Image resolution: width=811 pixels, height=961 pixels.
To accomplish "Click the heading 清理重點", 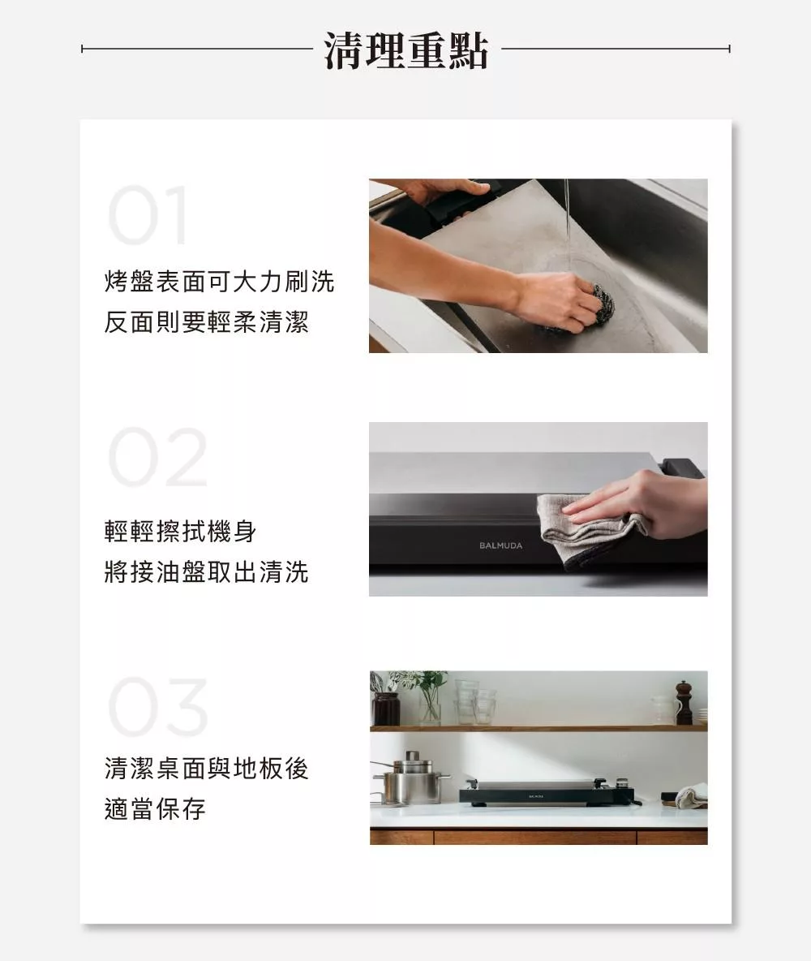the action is click(x=405, y=50).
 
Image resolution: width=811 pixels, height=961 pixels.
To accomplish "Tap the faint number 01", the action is click(x=148, y=215).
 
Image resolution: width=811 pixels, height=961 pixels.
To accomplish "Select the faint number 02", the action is click(x=157, y=457).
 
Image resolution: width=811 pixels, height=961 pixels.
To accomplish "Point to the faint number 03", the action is click(x=158, y=707).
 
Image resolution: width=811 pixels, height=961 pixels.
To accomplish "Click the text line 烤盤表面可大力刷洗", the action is click(x=219, y=282).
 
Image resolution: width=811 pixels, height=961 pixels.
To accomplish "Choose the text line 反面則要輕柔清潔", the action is click(x=207, y=321).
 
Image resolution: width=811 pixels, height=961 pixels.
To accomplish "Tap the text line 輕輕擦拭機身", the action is click(x=180, y=531).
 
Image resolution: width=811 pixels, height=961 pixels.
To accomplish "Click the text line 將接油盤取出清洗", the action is click(x=207, y=571).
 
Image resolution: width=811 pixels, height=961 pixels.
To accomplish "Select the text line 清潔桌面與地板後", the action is click(x=207, y=768).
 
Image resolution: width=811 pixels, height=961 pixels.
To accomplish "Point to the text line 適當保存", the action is click(x=155, y=808).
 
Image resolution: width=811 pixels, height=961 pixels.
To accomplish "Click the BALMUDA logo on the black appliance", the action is click(x=500, y=545).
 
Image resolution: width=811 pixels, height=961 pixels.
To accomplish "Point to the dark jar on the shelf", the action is click(x=386, y=708).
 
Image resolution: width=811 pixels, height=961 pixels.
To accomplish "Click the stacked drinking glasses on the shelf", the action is click(x=475, y=701).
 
